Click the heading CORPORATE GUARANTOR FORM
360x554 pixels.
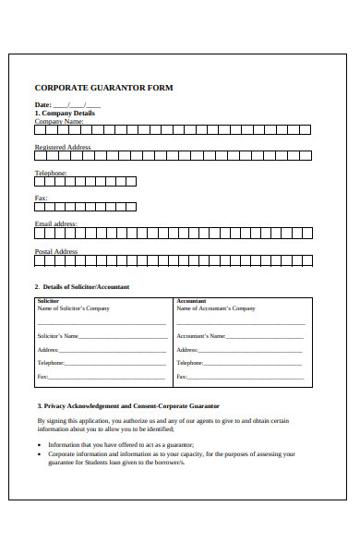103,88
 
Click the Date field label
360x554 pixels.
43,104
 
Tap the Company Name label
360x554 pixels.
59,121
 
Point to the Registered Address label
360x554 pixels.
63,147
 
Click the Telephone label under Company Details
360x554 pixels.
51,173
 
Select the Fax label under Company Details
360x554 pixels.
41,198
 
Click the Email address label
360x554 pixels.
56,223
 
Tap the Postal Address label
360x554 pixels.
56,251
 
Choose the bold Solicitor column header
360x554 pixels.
48,301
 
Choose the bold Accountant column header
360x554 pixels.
191,301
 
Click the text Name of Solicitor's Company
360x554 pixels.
73,308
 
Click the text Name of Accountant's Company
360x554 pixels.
216,308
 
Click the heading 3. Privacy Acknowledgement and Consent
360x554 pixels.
128,405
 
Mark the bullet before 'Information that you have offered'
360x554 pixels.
40,444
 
